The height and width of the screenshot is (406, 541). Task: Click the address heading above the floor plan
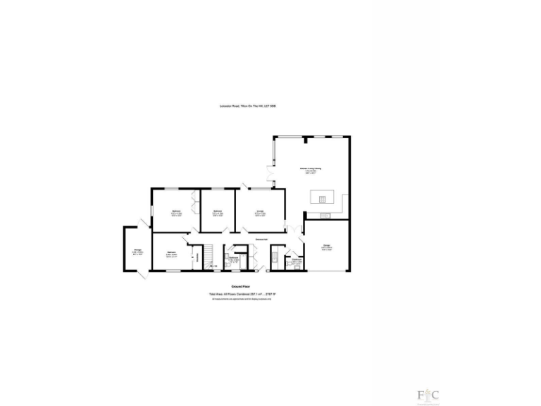coord(247,106)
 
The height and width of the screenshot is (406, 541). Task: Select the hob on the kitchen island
coord(323,198)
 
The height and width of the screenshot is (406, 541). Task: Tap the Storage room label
coord(138,251)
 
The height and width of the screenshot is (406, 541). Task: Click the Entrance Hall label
coord(264,240)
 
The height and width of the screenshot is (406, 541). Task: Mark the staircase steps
coord(209,254)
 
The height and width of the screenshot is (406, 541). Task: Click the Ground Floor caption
coord(241,287)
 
